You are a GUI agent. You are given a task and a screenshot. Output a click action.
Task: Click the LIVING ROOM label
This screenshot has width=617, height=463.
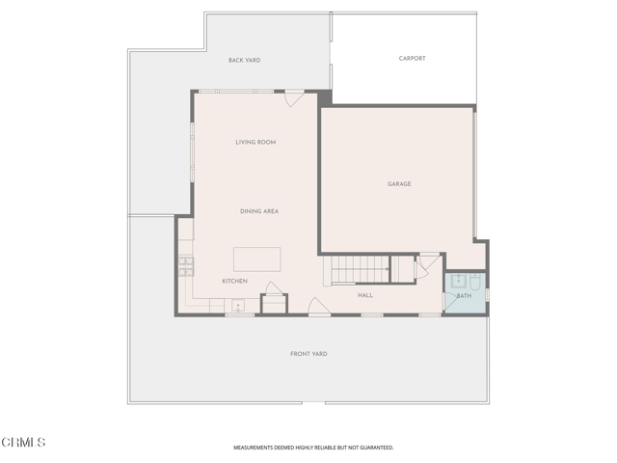pos(255,143)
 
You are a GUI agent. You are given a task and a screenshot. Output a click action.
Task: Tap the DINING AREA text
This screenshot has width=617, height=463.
pos(259,211)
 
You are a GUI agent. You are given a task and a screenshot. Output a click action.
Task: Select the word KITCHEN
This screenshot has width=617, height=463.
pos(234,281)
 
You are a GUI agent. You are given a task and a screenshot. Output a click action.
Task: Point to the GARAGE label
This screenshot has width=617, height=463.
pos(399,183)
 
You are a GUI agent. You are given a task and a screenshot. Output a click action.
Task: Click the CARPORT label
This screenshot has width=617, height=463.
pos(412,59)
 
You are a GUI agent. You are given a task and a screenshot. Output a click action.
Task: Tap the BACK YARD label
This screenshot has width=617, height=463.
pos(244,61)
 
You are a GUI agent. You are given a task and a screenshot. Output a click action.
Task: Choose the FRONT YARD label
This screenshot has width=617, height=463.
pos(308,354)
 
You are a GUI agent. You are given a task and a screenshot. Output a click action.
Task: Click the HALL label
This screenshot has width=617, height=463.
pos(365,295)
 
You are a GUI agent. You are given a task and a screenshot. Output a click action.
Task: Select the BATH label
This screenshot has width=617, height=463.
pos(464,296)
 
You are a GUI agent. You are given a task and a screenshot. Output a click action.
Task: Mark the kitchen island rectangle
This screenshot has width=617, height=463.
pos(256,259)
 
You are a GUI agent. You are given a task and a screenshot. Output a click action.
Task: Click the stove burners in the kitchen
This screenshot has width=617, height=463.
pos(185,266)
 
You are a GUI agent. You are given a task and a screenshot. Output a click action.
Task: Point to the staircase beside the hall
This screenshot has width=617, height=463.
pos(358,269)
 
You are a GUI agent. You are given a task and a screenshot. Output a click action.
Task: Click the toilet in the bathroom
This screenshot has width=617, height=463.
pos(474,281)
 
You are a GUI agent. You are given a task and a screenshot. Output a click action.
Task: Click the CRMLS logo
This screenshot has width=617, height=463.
pos(23,442)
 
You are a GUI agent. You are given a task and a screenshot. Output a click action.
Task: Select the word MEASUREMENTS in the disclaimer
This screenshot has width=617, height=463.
pos(256,448)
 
